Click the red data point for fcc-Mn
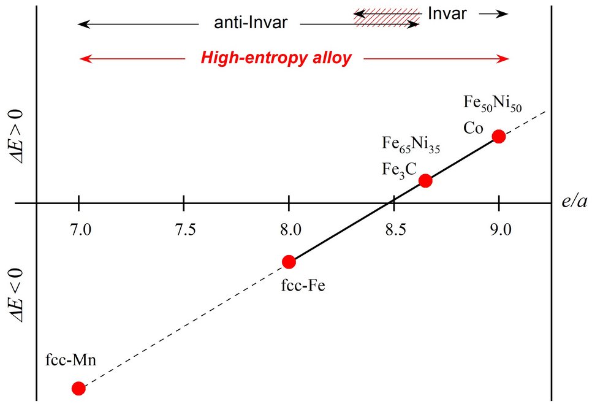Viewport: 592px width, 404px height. (x=78, y=388)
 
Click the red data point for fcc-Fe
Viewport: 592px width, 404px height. (x=289, y=261)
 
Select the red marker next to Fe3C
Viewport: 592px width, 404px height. (x=425, y=180)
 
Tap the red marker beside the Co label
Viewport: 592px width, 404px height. (x=499, y=136)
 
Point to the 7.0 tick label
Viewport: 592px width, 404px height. (x=81, y=229)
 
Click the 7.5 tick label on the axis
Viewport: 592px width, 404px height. (x=185, y=229)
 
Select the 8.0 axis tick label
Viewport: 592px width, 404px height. (x=290, y=229)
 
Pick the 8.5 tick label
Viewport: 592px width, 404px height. (x=396, y=229)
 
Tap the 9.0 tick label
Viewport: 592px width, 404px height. (x=501, y=229)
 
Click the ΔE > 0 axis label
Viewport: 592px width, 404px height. (x=16, y=137)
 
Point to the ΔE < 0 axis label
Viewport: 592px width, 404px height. (x=16, y=296)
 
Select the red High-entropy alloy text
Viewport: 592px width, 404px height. (x=276, y=58)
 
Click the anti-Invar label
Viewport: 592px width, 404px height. (x=251, y=23)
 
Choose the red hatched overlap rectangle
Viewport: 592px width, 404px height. (x=387, y=18)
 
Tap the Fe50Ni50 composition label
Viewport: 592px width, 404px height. (x=493, y=103)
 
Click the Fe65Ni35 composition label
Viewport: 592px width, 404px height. (x=411, y=144)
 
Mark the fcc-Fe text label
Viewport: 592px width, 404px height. (x=303, y=286)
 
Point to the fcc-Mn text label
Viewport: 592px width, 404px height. (x=71, y=359)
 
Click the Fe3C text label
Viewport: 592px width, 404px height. (x=399, y=170)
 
